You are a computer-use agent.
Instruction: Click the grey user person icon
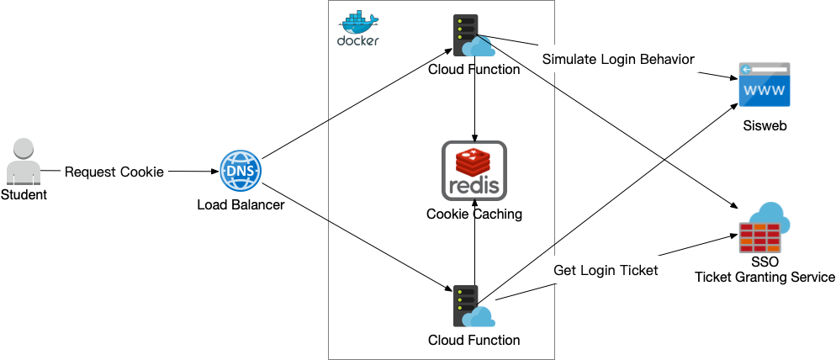24,163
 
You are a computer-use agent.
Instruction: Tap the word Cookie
142,172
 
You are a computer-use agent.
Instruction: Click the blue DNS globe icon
241,172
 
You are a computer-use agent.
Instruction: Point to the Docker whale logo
359,21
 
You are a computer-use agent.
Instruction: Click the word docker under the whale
358,40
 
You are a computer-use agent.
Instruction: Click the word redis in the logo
474,184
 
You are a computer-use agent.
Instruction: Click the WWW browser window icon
764,84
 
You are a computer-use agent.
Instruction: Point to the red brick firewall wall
760,238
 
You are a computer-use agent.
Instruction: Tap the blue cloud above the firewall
772,215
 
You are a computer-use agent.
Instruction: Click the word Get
565,271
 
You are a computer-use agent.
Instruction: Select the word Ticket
639,271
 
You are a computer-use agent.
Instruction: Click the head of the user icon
24,148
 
